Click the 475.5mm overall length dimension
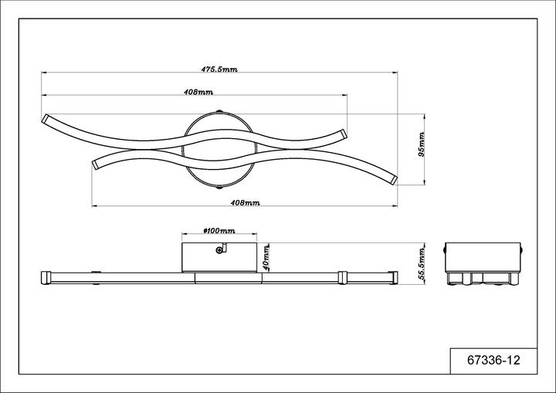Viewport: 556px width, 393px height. tap(219, 69)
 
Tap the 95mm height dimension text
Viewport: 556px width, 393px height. tap(422, 144)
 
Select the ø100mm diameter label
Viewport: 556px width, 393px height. tap(218, 231)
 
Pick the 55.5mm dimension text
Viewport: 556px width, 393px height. tap(422, 263)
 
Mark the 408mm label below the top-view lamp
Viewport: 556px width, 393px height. tap(246, 202)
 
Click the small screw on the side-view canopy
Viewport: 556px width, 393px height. tap(221, 249)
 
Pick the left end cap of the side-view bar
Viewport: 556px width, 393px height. tap(45, 276)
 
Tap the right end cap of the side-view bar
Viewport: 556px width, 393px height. tap(394, 276)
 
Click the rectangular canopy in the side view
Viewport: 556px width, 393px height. tap(219, 256)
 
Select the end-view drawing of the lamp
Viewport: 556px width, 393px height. tap(485, 264)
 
